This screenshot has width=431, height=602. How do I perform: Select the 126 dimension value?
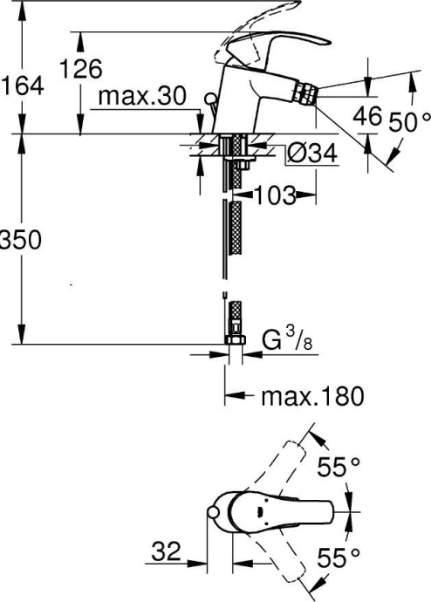tap(80, 69)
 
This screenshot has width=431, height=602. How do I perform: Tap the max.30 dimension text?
tap(141, 97)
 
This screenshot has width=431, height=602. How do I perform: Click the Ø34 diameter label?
tap(311, 154)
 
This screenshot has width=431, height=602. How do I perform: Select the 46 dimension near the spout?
tap(370, 115)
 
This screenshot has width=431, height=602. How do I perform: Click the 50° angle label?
tap(411, 122)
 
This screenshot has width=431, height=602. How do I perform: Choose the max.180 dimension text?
tap(311, 397)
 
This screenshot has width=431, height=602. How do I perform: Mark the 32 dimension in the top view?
tap(165, 551)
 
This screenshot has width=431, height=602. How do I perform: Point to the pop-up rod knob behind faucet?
tap(209, 98)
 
